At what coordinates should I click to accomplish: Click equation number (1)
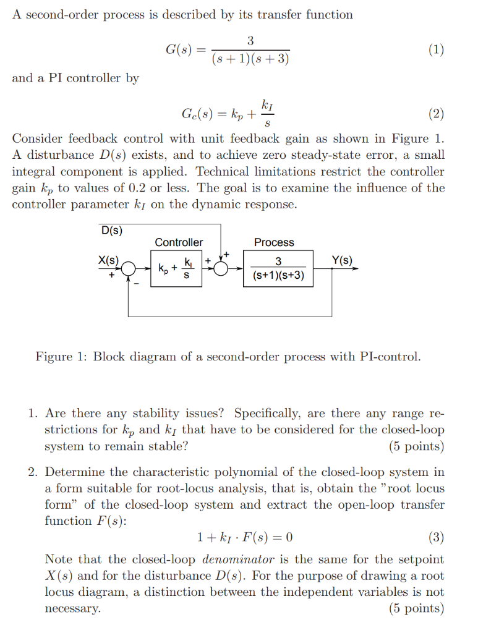pos(435,51)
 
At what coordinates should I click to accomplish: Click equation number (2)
pos(435,114)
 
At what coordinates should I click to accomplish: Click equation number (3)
pos(437,537)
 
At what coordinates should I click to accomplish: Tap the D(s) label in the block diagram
pos(111,231)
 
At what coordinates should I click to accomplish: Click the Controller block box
pos(176,269)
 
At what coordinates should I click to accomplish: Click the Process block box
pos(278,269)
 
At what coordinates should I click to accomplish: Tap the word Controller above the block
pos(179,243)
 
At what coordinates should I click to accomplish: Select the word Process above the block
pos(274,243)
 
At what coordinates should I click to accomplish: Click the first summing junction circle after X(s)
pos(129,269)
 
